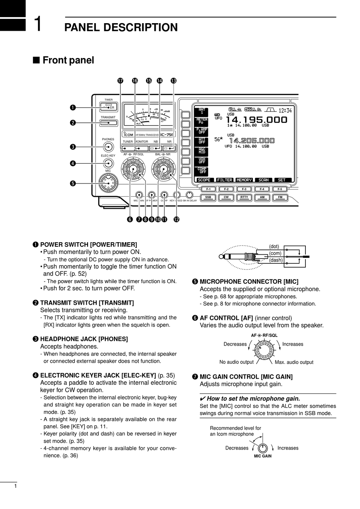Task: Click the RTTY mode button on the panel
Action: click(244, 197)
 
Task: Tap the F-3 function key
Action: click(244, 189)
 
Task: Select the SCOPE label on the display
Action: click(204, 180)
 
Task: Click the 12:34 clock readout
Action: click(285, 110)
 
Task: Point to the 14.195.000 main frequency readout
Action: click(257, 120)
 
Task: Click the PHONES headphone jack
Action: click(108, 147)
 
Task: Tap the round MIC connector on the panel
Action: click(108, 183)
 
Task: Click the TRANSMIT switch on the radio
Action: click(108, 123)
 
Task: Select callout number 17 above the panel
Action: click(121, 81)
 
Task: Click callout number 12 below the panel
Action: click(176, 219)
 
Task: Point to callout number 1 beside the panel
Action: click(72, 108)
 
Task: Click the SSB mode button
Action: click(208, 197)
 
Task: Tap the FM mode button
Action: click(280, 197)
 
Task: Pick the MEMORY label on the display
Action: click(244, 180)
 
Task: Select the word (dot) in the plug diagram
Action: click(274, 246)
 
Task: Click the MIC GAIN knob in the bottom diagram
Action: click(263, 448)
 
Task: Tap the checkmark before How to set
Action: click(202, 399)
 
